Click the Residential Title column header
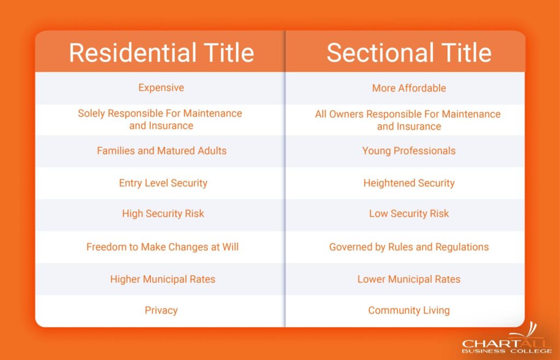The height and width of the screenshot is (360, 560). [161, 53]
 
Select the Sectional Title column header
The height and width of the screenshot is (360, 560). [409, 53]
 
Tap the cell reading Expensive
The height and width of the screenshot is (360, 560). [161, 88]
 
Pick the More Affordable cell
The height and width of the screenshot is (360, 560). [409, 88]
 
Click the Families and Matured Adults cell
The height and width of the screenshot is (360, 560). [161, 150]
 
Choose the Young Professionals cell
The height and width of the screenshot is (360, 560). [409, 151]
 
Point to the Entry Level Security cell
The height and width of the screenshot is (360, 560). [163, 183]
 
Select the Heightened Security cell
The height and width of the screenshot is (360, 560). [409, 183]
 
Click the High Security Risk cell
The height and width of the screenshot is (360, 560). [163, 214]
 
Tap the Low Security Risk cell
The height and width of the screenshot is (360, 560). [409, 214]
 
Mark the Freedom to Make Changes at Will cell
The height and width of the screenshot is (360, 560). [162, 247]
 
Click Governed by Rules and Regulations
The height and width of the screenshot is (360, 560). [409, 247]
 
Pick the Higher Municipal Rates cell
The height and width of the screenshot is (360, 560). [162, 279]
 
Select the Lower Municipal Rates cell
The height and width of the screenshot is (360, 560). [409, 279]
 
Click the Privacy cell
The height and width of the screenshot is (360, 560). [161, 310]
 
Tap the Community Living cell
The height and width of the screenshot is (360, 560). [409, 310]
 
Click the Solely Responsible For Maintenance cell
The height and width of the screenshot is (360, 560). [160, 119]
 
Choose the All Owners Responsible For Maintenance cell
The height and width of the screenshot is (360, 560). [407, 120]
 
